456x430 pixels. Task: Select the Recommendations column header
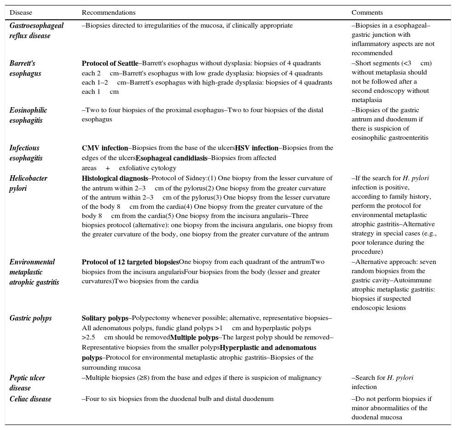(108, 12)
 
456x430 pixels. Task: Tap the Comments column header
(367, 12)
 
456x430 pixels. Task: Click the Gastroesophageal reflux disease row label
(36, 30)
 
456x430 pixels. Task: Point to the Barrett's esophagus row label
(25, 68)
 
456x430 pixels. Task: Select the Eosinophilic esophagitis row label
(28, 115)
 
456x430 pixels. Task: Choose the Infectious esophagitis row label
(26, 153)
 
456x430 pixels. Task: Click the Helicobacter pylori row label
(28, 183)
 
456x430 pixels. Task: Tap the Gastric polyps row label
(30, 318)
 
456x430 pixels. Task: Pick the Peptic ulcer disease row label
(27, 383)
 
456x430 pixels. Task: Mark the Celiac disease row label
(30, 399)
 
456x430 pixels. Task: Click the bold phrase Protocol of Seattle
(110, 63)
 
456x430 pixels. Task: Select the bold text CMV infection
(105, 148)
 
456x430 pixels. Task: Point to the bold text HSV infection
(256, 148)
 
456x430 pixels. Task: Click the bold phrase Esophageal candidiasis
(171, 158)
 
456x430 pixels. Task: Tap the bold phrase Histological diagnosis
(115, 178)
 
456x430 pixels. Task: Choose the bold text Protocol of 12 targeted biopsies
(130, 262)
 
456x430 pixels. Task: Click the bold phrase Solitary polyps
(105, 318)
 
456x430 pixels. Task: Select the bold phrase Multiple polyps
(194, 338)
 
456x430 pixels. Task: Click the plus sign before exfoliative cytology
(108, 168)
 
